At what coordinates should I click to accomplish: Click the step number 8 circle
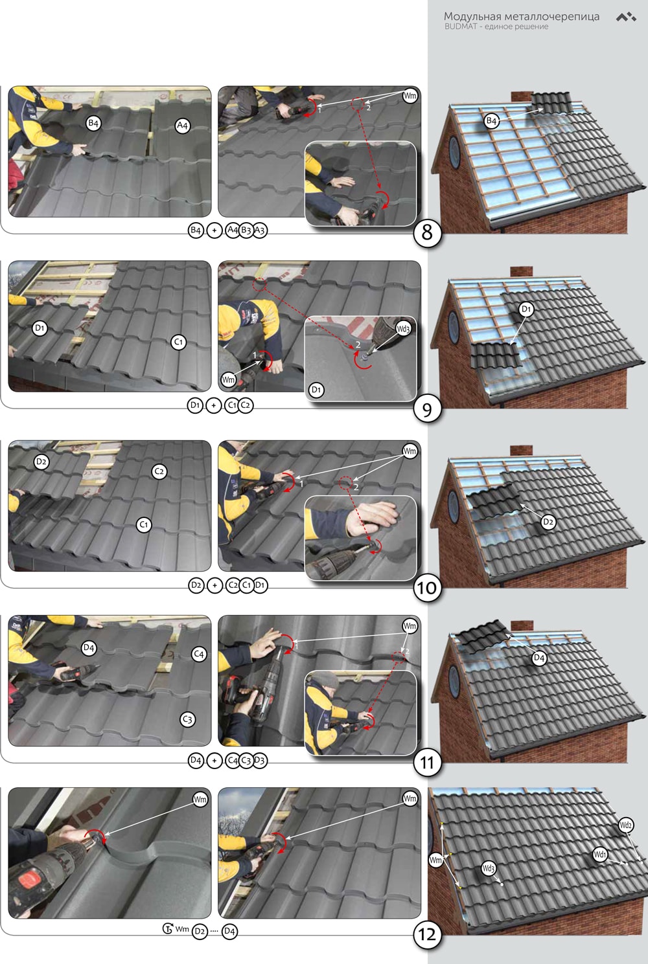point(427,233)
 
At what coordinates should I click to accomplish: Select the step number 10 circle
point(427,588)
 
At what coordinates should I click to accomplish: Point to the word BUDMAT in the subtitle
point(461,27)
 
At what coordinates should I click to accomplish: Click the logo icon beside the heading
point(626,17)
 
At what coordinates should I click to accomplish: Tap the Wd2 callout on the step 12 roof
point(625,825)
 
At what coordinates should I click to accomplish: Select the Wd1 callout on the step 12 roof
point(600,854)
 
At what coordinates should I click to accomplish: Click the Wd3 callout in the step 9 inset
point(403,329)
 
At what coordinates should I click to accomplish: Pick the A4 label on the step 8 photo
point(182,126)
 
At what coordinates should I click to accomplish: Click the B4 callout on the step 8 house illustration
point(492,121)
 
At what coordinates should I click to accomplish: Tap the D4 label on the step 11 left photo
point(88,647)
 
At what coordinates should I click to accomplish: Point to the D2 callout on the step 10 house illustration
point(548,522)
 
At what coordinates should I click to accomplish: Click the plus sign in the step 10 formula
point(214,585)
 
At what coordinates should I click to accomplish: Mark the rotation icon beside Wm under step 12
point(168,928)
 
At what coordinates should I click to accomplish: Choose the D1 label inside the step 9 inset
point(316,390)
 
